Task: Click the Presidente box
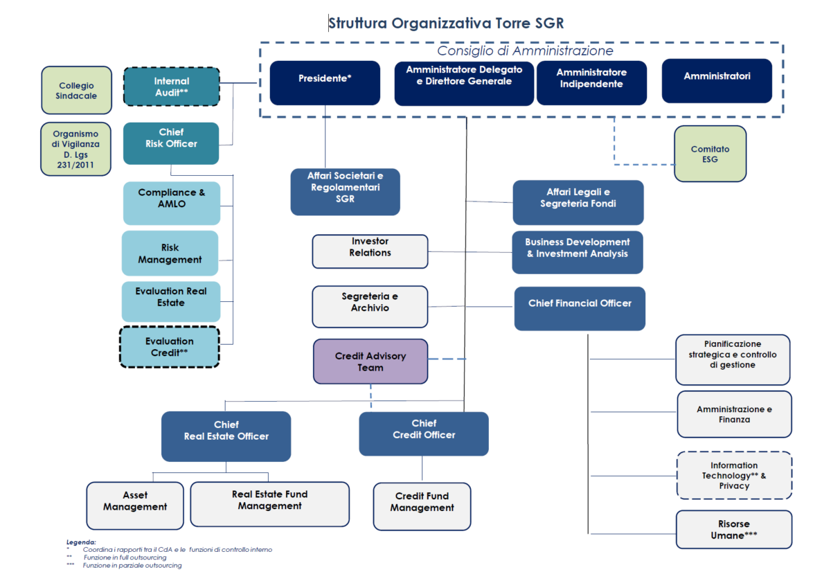325,83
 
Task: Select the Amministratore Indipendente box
591,83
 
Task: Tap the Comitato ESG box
710,154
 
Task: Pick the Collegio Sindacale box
76,91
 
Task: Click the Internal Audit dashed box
171,87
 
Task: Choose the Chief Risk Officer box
171,143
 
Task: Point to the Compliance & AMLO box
171,203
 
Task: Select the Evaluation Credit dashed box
170,347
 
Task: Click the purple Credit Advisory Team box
370,361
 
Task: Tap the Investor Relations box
370,251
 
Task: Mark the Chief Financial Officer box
580,308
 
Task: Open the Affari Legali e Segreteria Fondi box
578,202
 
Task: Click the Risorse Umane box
733,530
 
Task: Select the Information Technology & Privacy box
734,476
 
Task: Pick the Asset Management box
135,504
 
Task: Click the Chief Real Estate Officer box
226,436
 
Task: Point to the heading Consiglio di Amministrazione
525,51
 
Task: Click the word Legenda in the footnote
82,542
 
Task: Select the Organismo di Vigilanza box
76,149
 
